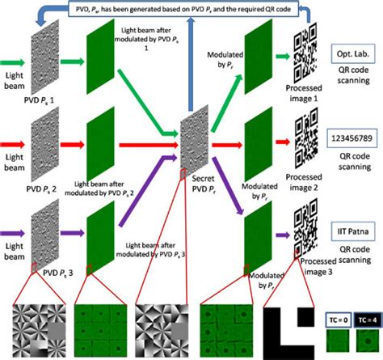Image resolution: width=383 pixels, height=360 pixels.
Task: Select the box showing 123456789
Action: pyautogui.click(x=352, y=139)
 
